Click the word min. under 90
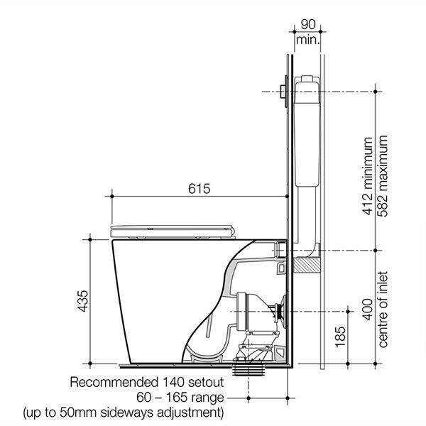pyautogui.click(x=308, y=41)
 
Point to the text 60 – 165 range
pyautogui.click(x=181, y=396)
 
